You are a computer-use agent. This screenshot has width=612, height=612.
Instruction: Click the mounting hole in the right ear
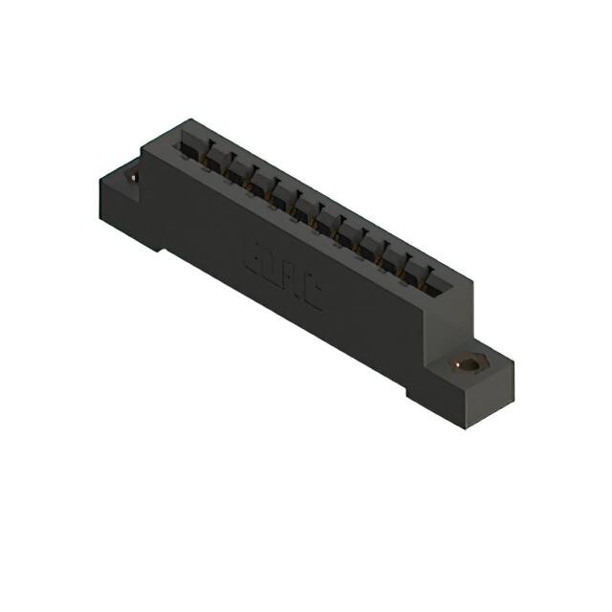coord(469,365)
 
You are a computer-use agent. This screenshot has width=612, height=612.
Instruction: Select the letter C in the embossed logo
coord(310,296)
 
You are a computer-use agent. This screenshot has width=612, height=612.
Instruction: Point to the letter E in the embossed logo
coord(255,261)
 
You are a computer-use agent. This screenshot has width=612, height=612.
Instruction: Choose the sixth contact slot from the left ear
coord(303,206)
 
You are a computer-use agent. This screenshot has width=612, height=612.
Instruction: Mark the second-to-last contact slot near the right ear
coord(414,268)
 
